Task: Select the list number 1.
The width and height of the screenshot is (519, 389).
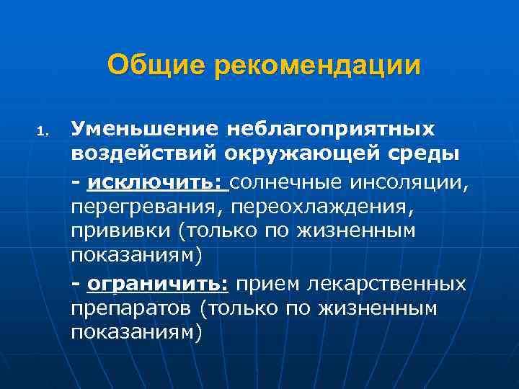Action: pos(43,131)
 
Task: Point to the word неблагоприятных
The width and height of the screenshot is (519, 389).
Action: pos(331,130)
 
